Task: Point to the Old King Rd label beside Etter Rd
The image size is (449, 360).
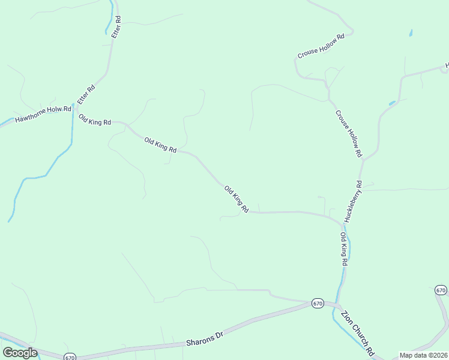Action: coord(95,119)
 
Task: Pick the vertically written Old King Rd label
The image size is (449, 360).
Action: coord(345,249)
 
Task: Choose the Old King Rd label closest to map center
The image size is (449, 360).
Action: coord(237,200)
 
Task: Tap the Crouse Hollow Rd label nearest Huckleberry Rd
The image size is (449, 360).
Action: coord(349,134)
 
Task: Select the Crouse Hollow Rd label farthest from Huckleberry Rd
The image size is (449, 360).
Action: coord(321,46)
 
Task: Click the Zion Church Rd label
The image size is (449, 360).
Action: coord(357,333)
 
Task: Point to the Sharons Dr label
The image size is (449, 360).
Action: coord(203,340)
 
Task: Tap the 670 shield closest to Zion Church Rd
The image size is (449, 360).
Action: coord(318,304)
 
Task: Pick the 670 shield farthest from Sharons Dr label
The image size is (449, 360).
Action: coord(441,290)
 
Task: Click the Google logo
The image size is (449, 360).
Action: coord(20,352)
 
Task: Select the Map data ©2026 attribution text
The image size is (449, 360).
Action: coord(423,355)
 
